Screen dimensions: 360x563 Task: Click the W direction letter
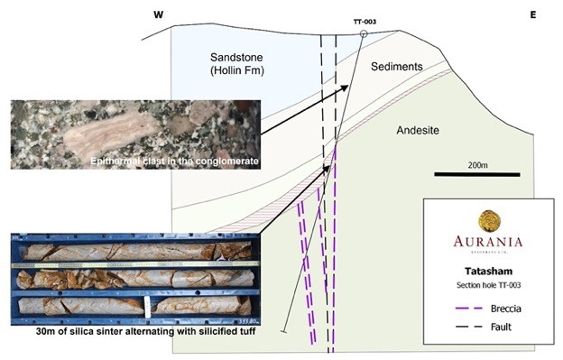pos(158,15)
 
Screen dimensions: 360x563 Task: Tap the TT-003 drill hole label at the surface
pos(365,22)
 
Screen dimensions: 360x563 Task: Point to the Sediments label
pos(396,67)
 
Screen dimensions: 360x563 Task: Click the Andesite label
pos(417,131)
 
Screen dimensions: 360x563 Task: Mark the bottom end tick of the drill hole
pos(284,333)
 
